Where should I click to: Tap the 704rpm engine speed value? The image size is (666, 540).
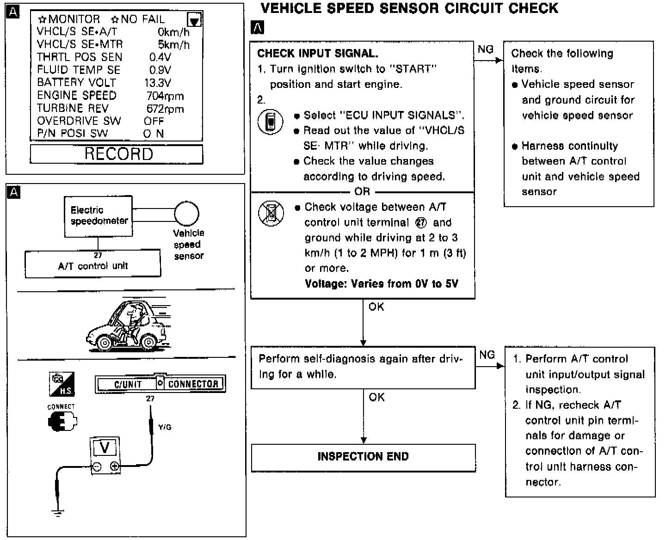pyautogui.click(x=165, y=96)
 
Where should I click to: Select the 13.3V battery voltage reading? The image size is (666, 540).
pyautogui.click(x=158, y=83)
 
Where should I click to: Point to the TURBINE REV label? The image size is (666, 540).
pyautogui.click(x=73, y=109)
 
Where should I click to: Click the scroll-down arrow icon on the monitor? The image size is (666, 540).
pyautogui.click(x=195, y=20)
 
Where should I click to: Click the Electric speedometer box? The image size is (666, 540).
pyautogui.click(x=98, y=216)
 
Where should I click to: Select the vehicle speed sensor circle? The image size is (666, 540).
pyautogui.click(x=186, y=214)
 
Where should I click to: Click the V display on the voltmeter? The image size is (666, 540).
pyautogui.click(x=105, y=448)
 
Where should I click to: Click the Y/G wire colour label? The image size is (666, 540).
pyautogui.click(x=165, y=427)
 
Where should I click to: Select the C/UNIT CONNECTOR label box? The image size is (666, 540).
pyautogui.click(x=160, y=384)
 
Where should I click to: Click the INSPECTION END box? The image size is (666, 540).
pyautogui.click(x=363, y=457)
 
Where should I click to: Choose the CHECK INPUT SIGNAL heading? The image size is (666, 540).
pyautogui.click(x=318, y=53)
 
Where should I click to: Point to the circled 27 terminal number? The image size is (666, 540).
pyautogui.click(x=421, y=222)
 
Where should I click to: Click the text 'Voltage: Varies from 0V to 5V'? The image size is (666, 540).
pyautogui.click(x=382, y=283)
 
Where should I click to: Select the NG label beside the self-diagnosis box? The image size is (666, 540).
pyautogui.click(x=487, y=355)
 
